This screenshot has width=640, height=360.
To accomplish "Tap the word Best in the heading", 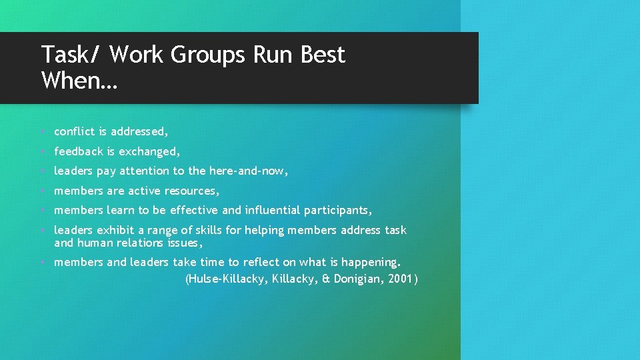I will pyautogui.click(x=323, y=54).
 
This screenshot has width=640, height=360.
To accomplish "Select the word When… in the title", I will pyautogui.click(x=78, y=81).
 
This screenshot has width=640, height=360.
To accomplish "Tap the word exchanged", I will pyautogui.click(x=149, y=152).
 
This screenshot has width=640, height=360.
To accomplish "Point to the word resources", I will pyautogui.click(x=191, y=191).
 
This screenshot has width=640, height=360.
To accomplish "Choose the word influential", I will pyautogui.click(x=273, y=211).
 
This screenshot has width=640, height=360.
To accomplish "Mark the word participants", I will pyautogui.click(x=339, y=211).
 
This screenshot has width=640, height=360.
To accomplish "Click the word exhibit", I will pyautogui.click(x=116, y=231).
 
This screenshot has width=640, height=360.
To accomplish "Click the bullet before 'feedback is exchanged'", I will pyautogui.click(x=43, y=152).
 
